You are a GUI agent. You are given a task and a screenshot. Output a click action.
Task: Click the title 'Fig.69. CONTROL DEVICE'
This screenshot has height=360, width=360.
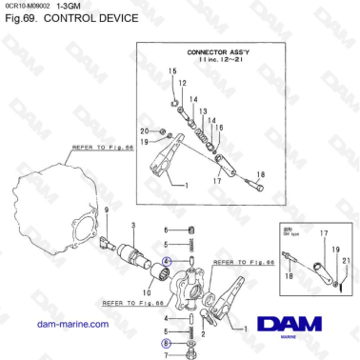pyautogui.click(x=57, y=19)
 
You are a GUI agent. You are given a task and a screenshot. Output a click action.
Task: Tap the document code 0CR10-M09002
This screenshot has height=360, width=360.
pyautogui.click(x=28, y=7)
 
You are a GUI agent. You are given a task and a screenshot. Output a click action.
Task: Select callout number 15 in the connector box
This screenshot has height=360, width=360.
pyautogui.click(x=172, y=72)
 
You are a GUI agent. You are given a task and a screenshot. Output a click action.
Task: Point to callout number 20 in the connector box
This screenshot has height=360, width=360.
pyautogui.click(x=144, y=130)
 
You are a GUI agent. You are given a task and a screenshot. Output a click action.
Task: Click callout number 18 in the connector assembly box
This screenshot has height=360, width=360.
pyautogui.click(x=262, y=174)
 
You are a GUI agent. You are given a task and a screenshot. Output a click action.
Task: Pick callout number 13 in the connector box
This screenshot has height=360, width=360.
pyautogui.click(x=202, y=110)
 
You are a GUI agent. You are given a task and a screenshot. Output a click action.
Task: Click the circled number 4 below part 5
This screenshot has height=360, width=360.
pyautogui.click(x=167, y=259)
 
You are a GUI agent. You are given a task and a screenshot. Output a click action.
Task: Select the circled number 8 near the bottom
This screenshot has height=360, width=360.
pyautogui.click(x=166, y=335)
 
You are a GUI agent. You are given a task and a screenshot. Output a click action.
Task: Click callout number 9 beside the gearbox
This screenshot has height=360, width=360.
pyautogui.click(x=107, y=209)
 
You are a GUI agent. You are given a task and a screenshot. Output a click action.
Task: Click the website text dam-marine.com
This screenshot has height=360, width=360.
pyautogui.click(x=71, y=325)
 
